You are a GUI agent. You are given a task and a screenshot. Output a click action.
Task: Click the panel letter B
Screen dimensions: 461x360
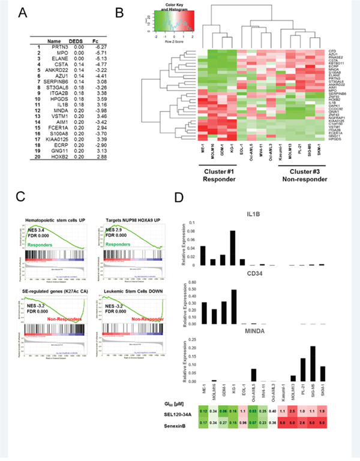[x=137, y=13]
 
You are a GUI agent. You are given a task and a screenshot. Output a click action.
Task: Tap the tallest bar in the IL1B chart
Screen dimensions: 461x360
[x=232, y=247]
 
